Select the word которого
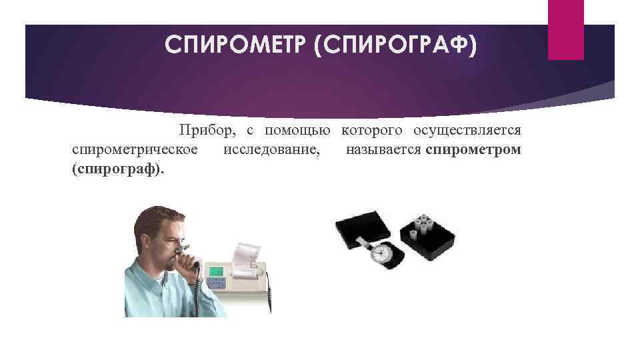click(x=372, y=130)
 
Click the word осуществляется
click(x=467, y=130)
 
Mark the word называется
click(x=383, y=149)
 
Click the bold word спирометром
click(x=473, y=149)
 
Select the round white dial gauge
click(x=382, y=253)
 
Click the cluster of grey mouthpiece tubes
click(x=423, y=226)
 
